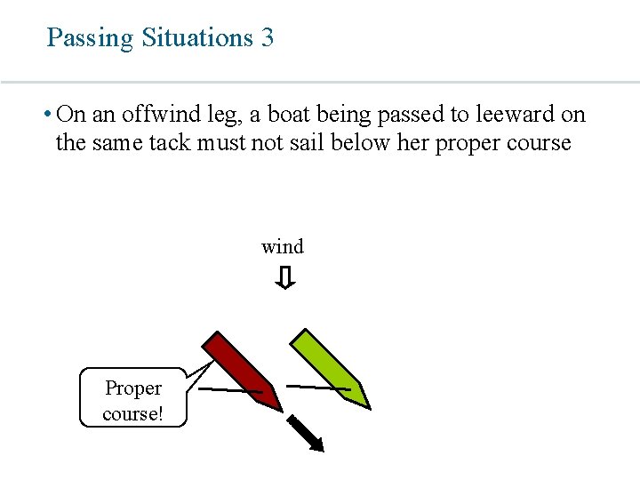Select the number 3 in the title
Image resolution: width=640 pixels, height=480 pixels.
[x=268, y=37]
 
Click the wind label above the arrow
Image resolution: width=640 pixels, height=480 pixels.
[x=282, y=246]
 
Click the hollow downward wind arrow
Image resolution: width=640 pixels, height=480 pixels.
[x=284, y=279]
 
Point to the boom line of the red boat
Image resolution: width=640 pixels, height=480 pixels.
[x=229, y=390]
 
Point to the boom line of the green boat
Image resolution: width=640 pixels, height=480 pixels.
[x=318, y=388]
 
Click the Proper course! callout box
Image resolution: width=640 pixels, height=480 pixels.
[x=133, y=398]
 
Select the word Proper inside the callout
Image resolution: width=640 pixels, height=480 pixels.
[x=133, y=388]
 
